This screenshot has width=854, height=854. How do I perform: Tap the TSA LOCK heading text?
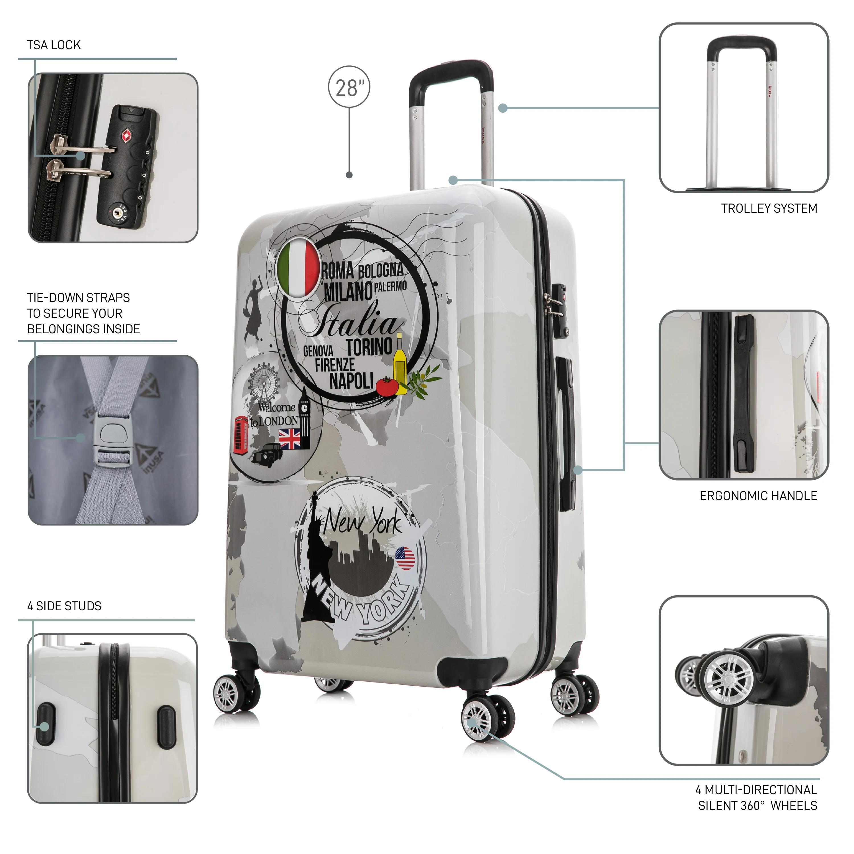(54, 45)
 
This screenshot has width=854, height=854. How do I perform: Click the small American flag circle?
(405, 558)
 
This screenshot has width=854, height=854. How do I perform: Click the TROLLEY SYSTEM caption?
(769, 208)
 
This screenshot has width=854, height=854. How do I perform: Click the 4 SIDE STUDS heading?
(65, 606)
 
